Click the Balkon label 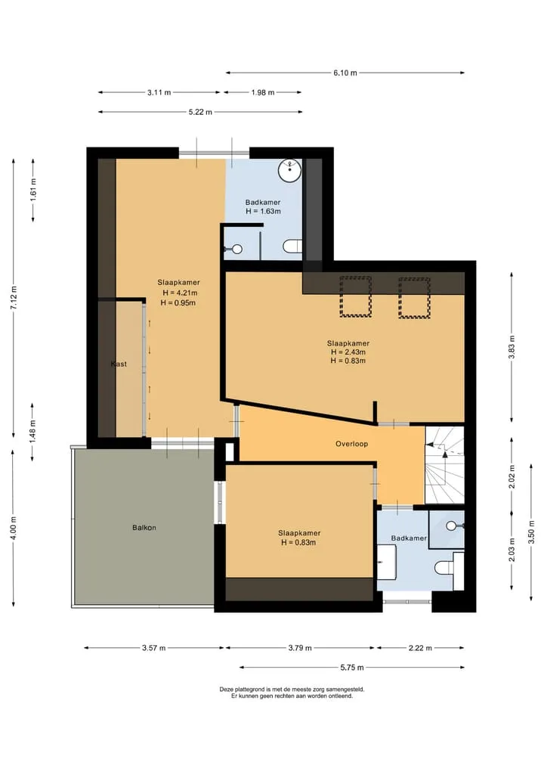[144, 528]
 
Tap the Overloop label [351, 444]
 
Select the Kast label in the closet [119, 364]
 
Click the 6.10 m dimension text [345, 73]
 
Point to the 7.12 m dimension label [14, 297]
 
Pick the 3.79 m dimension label [300, 648]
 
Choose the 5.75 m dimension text [352, 668]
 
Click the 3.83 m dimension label [512, 347]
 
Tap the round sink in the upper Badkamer [289, 170]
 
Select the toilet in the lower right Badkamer [444, 567]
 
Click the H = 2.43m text [348, 352]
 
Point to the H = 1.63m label [263, 212]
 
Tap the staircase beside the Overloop [444, 465]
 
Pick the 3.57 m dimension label [154, 648]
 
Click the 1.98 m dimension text [263, 92]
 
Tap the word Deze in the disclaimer [226, 689]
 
